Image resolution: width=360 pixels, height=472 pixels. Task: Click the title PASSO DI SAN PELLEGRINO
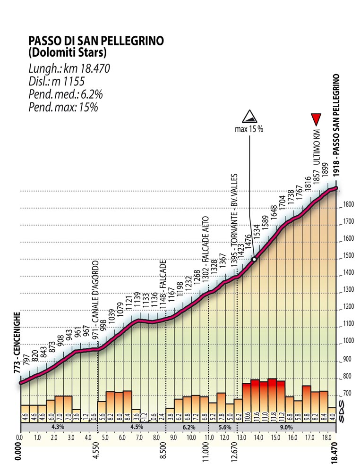point(96,41)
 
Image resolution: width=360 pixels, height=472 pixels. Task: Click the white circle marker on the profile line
point(254,259)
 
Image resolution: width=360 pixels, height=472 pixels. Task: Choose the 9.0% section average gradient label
point(286,427)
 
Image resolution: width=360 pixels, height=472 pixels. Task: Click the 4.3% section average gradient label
point(58,427)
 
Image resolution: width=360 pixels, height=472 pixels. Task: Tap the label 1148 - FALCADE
point(163,286)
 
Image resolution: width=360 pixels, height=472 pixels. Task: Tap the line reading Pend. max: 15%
point(63,107)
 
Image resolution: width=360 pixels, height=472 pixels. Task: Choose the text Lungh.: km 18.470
point(69,69)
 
